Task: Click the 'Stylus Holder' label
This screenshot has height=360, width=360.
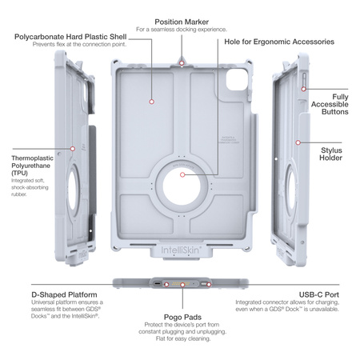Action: click(332, 154)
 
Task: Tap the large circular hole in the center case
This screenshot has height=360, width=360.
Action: click(182, 174)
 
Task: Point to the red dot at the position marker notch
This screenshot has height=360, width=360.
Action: click(182, 62)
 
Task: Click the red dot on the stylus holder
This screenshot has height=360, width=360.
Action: click(298, 142)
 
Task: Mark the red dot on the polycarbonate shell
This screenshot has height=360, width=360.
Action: click(152, 102)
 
